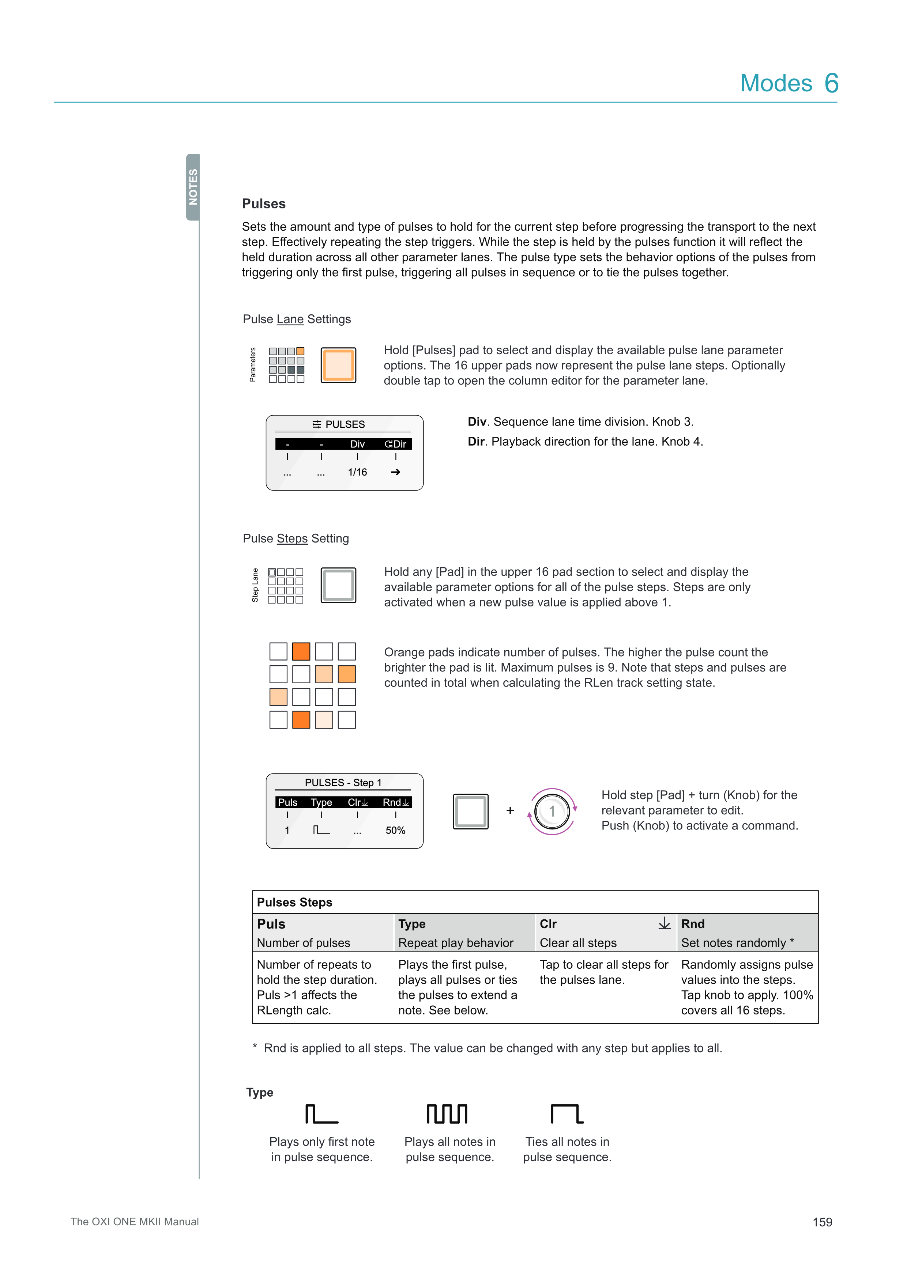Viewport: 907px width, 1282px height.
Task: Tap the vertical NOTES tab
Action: [x=193, y=187]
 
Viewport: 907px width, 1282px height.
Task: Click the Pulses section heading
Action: [x=264, y=204]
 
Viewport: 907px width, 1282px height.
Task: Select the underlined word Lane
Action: [x=290, y=319]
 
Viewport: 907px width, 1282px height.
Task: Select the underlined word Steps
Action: [x=292, y=539]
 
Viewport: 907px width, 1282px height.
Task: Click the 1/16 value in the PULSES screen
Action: [x=357, y=472]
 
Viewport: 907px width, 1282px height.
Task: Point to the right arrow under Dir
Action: [x=395, y=472]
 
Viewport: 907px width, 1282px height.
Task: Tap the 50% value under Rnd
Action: [x=395, y=831]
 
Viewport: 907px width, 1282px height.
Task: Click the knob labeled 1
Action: [x=552, y=811]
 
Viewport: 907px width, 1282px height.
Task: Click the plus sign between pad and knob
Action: [x=510, y=811]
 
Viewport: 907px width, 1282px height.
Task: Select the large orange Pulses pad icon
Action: [x=338, y=365]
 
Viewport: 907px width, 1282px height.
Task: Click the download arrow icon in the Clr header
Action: [x=664, y=923]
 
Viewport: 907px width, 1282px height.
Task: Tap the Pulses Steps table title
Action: [x=294, y=902]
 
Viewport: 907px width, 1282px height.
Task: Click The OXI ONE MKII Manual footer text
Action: [x=135, y=1222]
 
